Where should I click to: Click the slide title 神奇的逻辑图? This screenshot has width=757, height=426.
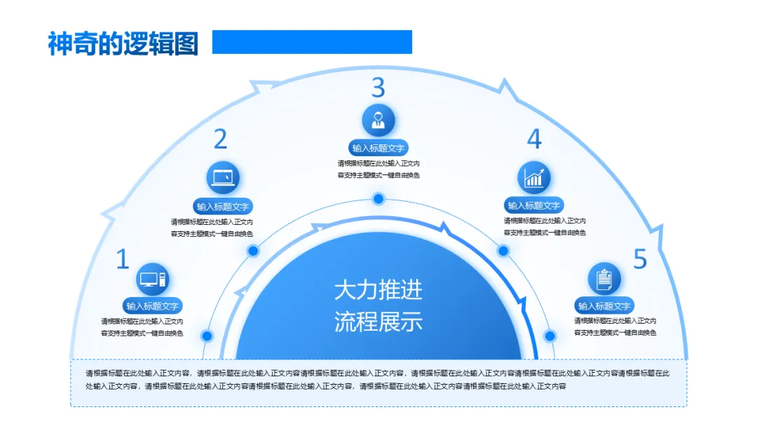123,43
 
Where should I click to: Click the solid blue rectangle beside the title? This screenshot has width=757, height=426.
312,42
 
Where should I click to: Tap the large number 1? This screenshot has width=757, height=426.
123,260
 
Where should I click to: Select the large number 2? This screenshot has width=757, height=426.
220,139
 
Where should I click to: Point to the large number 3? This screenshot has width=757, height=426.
378,88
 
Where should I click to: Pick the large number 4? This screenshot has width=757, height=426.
534,139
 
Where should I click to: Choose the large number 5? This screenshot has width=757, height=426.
640,260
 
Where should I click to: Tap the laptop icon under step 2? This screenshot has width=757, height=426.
224,177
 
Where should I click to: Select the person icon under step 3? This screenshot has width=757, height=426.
378,120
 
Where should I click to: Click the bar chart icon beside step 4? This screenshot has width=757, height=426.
534,177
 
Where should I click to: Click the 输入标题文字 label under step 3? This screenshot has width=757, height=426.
378,148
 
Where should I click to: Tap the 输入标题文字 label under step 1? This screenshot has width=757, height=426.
153,306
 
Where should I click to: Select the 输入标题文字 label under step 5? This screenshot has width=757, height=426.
604,306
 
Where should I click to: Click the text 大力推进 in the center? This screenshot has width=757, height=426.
378,290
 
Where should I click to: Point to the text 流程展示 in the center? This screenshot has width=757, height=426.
378,322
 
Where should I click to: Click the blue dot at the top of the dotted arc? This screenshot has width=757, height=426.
378,199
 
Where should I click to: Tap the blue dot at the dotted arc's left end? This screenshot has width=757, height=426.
207,336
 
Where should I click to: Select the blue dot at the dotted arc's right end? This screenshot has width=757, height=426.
550,336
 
